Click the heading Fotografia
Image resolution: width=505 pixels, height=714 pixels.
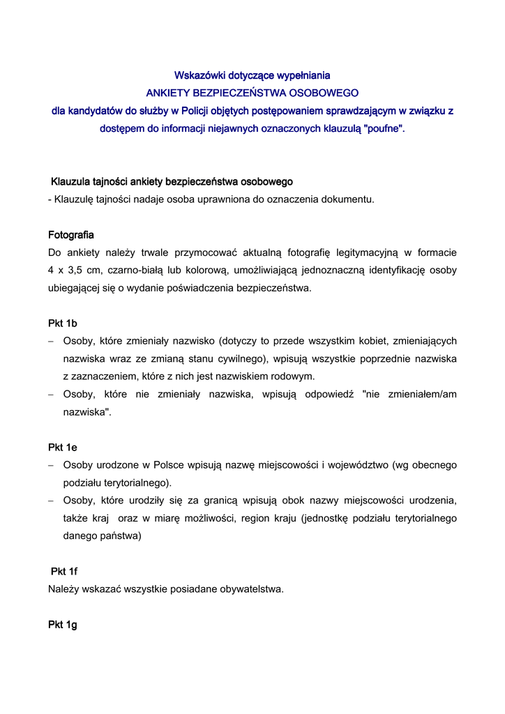click(x=71, y=234)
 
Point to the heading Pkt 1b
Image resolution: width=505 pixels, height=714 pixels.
click(x=62, y=323)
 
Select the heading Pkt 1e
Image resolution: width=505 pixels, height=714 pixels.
click(x=62, y=447)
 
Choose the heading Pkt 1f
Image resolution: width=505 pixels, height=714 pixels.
click(x=64, y=571)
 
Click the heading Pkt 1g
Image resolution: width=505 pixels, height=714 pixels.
click(x=62, y=625)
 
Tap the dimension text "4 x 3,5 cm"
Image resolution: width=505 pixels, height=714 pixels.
click(x=73, y=270)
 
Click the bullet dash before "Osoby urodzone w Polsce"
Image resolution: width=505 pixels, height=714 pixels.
click(x=51, y=465)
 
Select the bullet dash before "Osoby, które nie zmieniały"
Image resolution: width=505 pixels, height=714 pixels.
click(x=51, y=394)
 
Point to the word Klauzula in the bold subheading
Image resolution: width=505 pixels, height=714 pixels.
click(x=70, y=181)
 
